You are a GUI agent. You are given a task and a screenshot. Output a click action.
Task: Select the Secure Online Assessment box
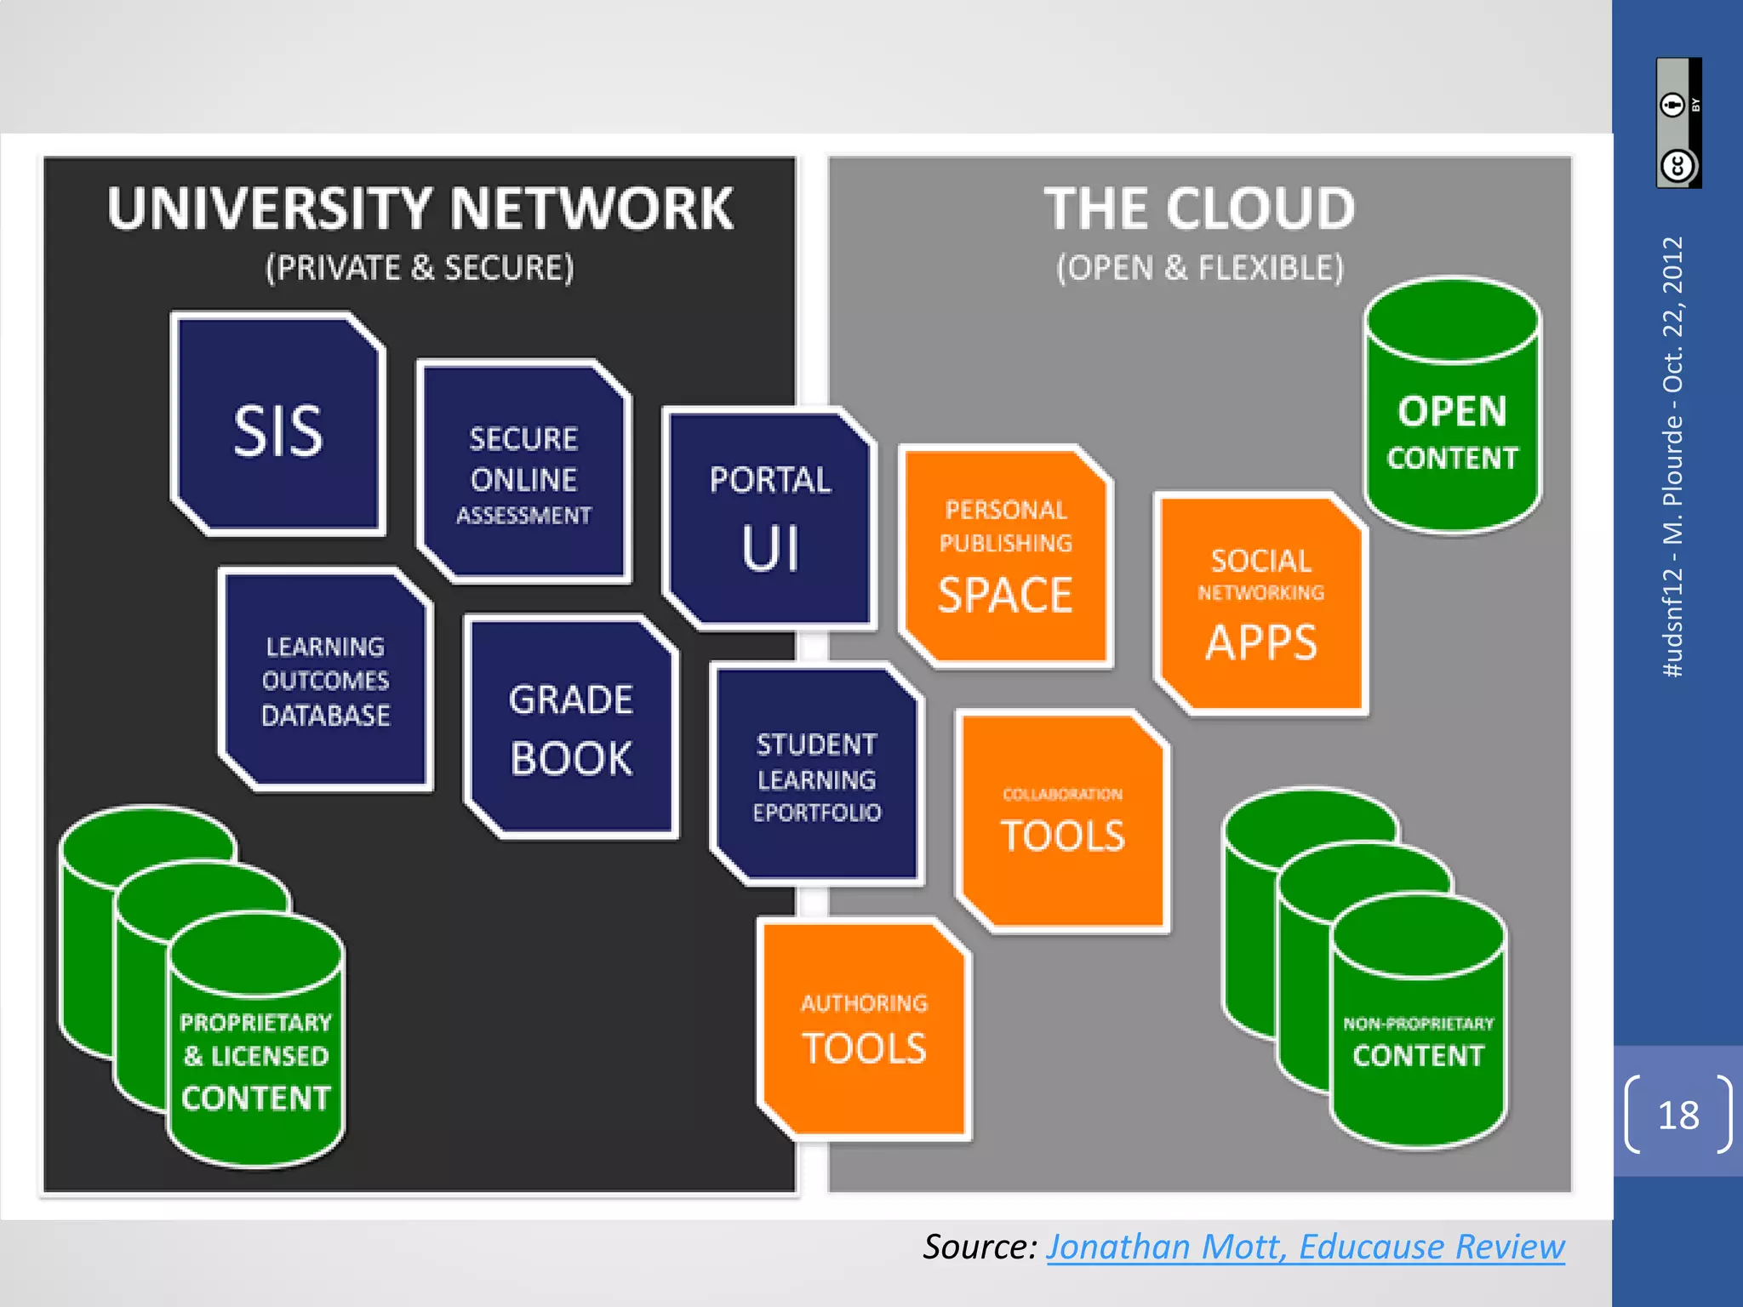coord(523,473)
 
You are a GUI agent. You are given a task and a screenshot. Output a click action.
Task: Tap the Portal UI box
coord(769,520)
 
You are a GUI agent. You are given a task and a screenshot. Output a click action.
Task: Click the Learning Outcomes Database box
coord(325,680)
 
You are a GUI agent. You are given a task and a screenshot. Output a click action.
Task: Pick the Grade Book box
coord(571,728)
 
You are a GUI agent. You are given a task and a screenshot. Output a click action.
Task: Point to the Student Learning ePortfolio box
coord(816,776)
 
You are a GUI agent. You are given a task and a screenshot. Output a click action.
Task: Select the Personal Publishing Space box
coord(1005,557)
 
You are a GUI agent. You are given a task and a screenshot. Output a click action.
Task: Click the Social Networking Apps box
coord(1260,604)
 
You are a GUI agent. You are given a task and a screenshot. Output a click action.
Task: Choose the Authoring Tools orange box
coord(864,1030)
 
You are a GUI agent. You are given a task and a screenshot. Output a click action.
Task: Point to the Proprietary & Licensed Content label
coord(255,1059)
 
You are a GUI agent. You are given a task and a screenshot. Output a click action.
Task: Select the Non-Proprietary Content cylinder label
coord(1418,1042)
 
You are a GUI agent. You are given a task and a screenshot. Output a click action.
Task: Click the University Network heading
coord(420,208)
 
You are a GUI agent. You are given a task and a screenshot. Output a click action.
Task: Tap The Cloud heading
coord(1199,208)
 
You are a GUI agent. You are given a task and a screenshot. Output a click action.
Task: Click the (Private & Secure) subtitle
coord(420,268)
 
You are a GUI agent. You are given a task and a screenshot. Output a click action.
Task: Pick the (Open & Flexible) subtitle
coord(1199,268)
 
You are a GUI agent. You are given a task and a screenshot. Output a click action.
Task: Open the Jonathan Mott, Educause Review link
coord(1305,1247)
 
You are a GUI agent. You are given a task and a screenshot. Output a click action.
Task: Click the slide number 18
coord(1677,1115)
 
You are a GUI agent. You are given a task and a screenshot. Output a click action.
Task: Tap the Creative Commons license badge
coord(1678,123)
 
